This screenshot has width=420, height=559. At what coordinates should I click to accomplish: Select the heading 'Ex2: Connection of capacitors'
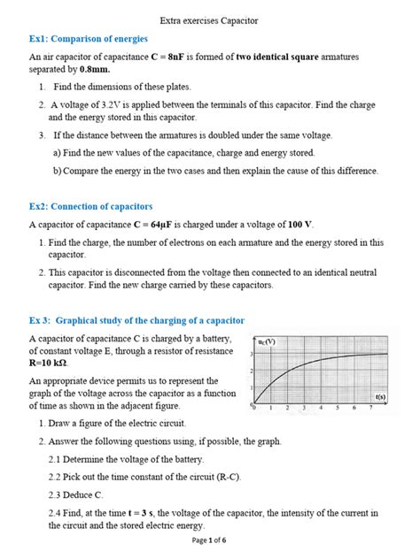click(92, 206)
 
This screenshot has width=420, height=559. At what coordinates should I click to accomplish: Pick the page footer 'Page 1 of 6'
click(209, 540)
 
